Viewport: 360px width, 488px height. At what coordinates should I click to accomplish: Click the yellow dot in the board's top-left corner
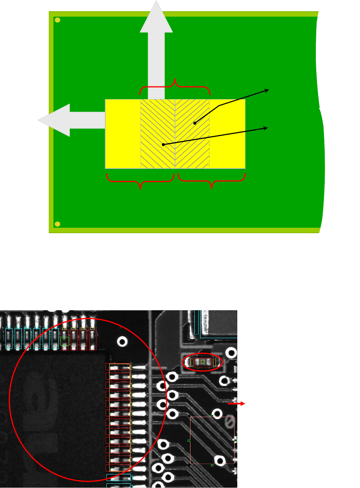57,20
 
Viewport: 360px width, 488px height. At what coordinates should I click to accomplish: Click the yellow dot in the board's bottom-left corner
57,224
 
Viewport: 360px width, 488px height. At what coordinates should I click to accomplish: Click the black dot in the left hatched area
163,144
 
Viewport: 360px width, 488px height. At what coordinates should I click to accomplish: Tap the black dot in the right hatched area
195,123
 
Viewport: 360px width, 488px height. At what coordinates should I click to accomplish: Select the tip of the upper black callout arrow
268,90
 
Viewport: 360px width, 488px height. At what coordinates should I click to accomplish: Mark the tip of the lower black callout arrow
267,127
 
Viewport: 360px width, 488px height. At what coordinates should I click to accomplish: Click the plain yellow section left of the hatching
123,134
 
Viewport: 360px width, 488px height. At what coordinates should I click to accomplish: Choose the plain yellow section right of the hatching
227,134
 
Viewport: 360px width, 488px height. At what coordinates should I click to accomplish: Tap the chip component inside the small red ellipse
202,362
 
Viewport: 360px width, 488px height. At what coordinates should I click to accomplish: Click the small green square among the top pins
65,341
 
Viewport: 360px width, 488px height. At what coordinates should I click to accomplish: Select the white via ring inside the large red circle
123,342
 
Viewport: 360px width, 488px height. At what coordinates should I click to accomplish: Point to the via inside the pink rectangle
220,461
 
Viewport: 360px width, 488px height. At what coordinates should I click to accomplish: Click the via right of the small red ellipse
231,353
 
